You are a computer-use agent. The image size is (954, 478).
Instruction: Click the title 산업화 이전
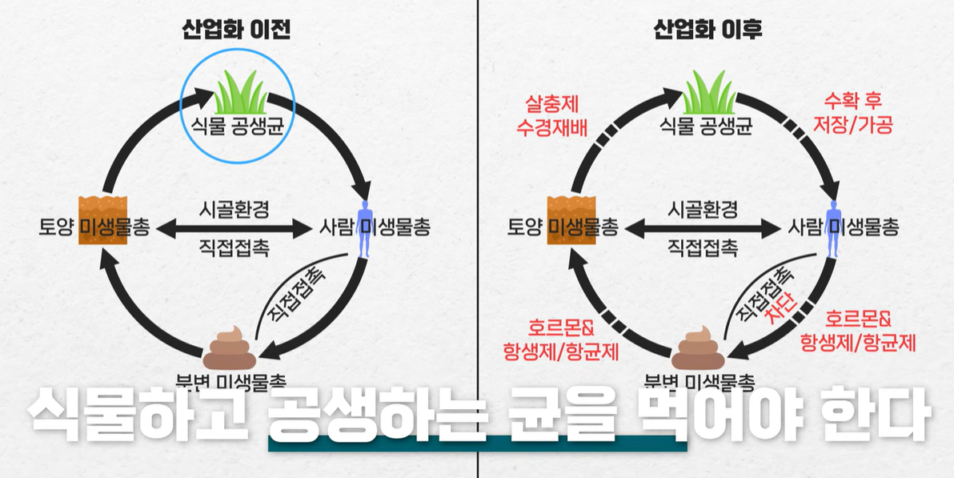[237, 30]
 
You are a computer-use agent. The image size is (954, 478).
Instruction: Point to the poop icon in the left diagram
[229, 348]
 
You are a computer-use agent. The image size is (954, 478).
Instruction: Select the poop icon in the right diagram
[698, 348]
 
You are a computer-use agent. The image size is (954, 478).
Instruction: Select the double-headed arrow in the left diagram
[234, 229]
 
